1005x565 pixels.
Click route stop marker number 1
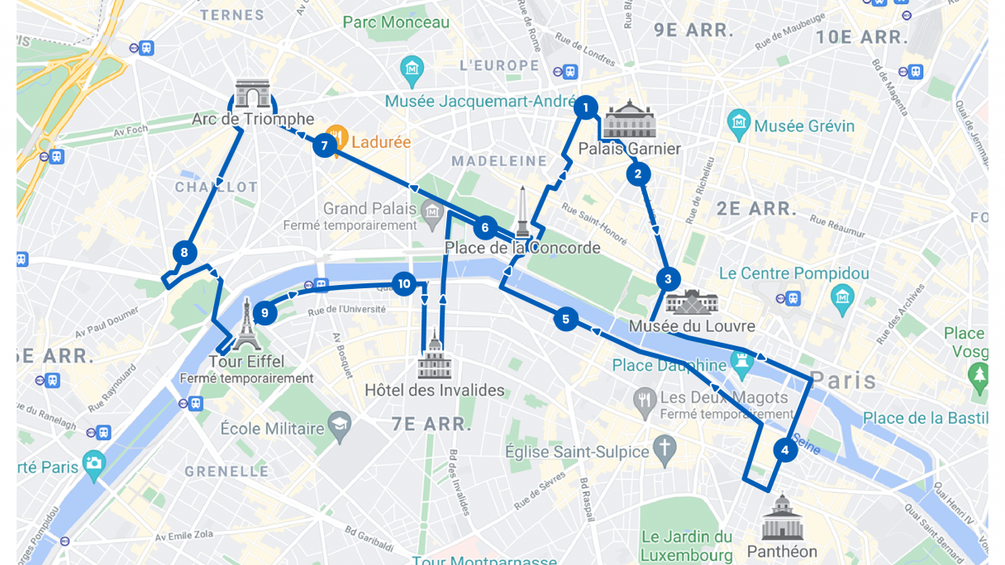click(x=585, y=107)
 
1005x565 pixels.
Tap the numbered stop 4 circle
click(x=784, y=450)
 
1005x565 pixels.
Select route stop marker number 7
click(x=324, y=146)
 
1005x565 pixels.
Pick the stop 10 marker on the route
click(x=403, y=284)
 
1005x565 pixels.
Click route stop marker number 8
click(x=184, y=253)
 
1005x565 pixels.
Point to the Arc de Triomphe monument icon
click(x=252, y=95)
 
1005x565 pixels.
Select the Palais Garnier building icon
click(x=630, y=121)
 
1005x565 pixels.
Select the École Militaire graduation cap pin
click(x=339, y=427)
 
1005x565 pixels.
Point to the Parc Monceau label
click(x=396, y=22)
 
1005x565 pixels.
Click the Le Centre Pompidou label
click(x=793, y=273)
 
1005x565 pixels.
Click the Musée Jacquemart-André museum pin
click(x=412, y=69)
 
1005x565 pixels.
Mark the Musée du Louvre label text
click(x=692, y=326)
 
